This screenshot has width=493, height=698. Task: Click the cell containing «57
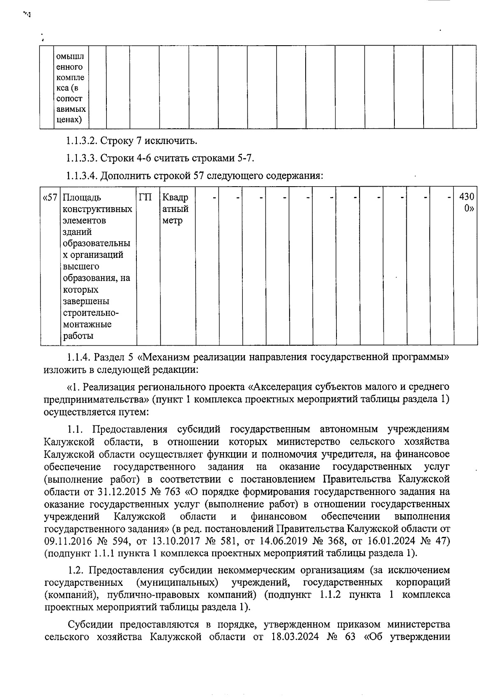coord(50,198)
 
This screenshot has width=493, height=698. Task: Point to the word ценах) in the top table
coord(69,120)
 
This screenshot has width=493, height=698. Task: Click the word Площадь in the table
coord(82,198)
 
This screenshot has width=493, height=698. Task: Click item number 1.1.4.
coord(81,357)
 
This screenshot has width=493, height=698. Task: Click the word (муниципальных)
coord(177,582)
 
